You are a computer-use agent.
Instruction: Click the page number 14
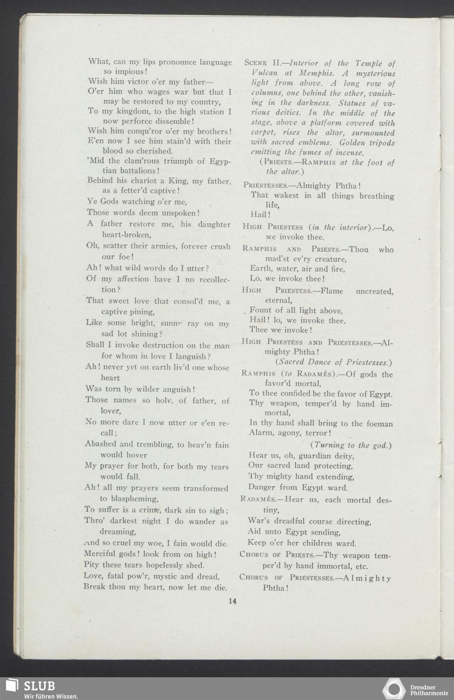[x=232, y=601]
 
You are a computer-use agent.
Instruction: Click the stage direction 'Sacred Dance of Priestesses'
[x=333, y=362]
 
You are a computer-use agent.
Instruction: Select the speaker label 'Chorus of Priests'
[x=277, y=555]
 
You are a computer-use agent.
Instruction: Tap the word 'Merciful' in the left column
[x=100, y=554]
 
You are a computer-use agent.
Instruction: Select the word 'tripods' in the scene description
[x=379, y=143]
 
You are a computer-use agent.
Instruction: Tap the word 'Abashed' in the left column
[x=101, y=444]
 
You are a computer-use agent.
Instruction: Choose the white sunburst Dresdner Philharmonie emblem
[x=394, y=688]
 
